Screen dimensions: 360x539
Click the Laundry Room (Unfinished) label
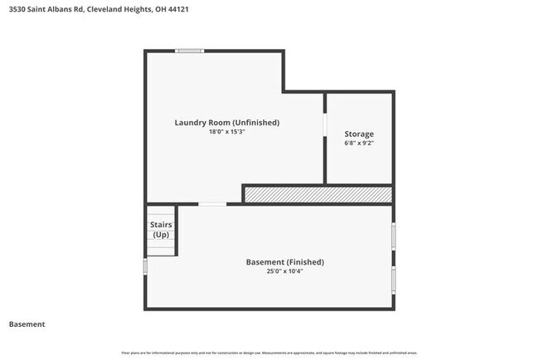pos(226,123)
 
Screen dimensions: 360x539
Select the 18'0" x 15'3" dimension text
pos(226,132)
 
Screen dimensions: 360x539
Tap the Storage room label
pos(359,134)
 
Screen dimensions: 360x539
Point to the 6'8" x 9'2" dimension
pos(359,143)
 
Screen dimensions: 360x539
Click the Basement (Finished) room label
pos(284,262)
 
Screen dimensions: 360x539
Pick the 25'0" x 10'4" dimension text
pos(284,271)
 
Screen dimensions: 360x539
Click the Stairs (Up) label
pos(160,230)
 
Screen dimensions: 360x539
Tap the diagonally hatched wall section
pos(317,194)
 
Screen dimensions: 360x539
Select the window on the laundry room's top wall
pos(190,51)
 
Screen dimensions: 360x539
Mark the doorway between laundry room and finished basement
pos(212,204)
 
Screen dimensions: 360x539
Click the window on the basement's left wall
pos(146,267)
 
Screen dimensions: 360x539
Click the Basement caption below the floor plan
pos(27,324)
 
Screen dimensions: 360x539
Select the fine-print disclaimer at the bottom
pos(269,353)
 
